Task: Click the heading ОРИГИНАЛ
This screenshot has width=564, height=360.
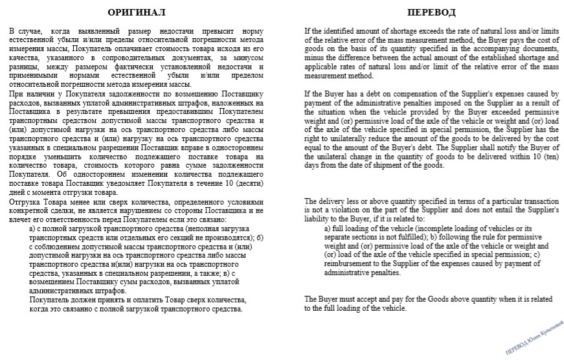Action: pos(137,12)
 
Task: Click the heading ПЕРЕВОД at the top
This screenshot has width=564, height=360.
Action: pos(431,12)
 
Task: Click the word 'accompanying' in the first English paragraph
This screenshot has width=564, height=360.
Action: pos(471,49)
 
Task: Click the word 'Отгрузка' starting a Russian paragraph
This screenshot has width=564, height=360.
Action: pos(25,201)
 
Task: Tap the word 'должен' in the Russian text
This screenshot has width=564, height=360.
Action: pos(75,300)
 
